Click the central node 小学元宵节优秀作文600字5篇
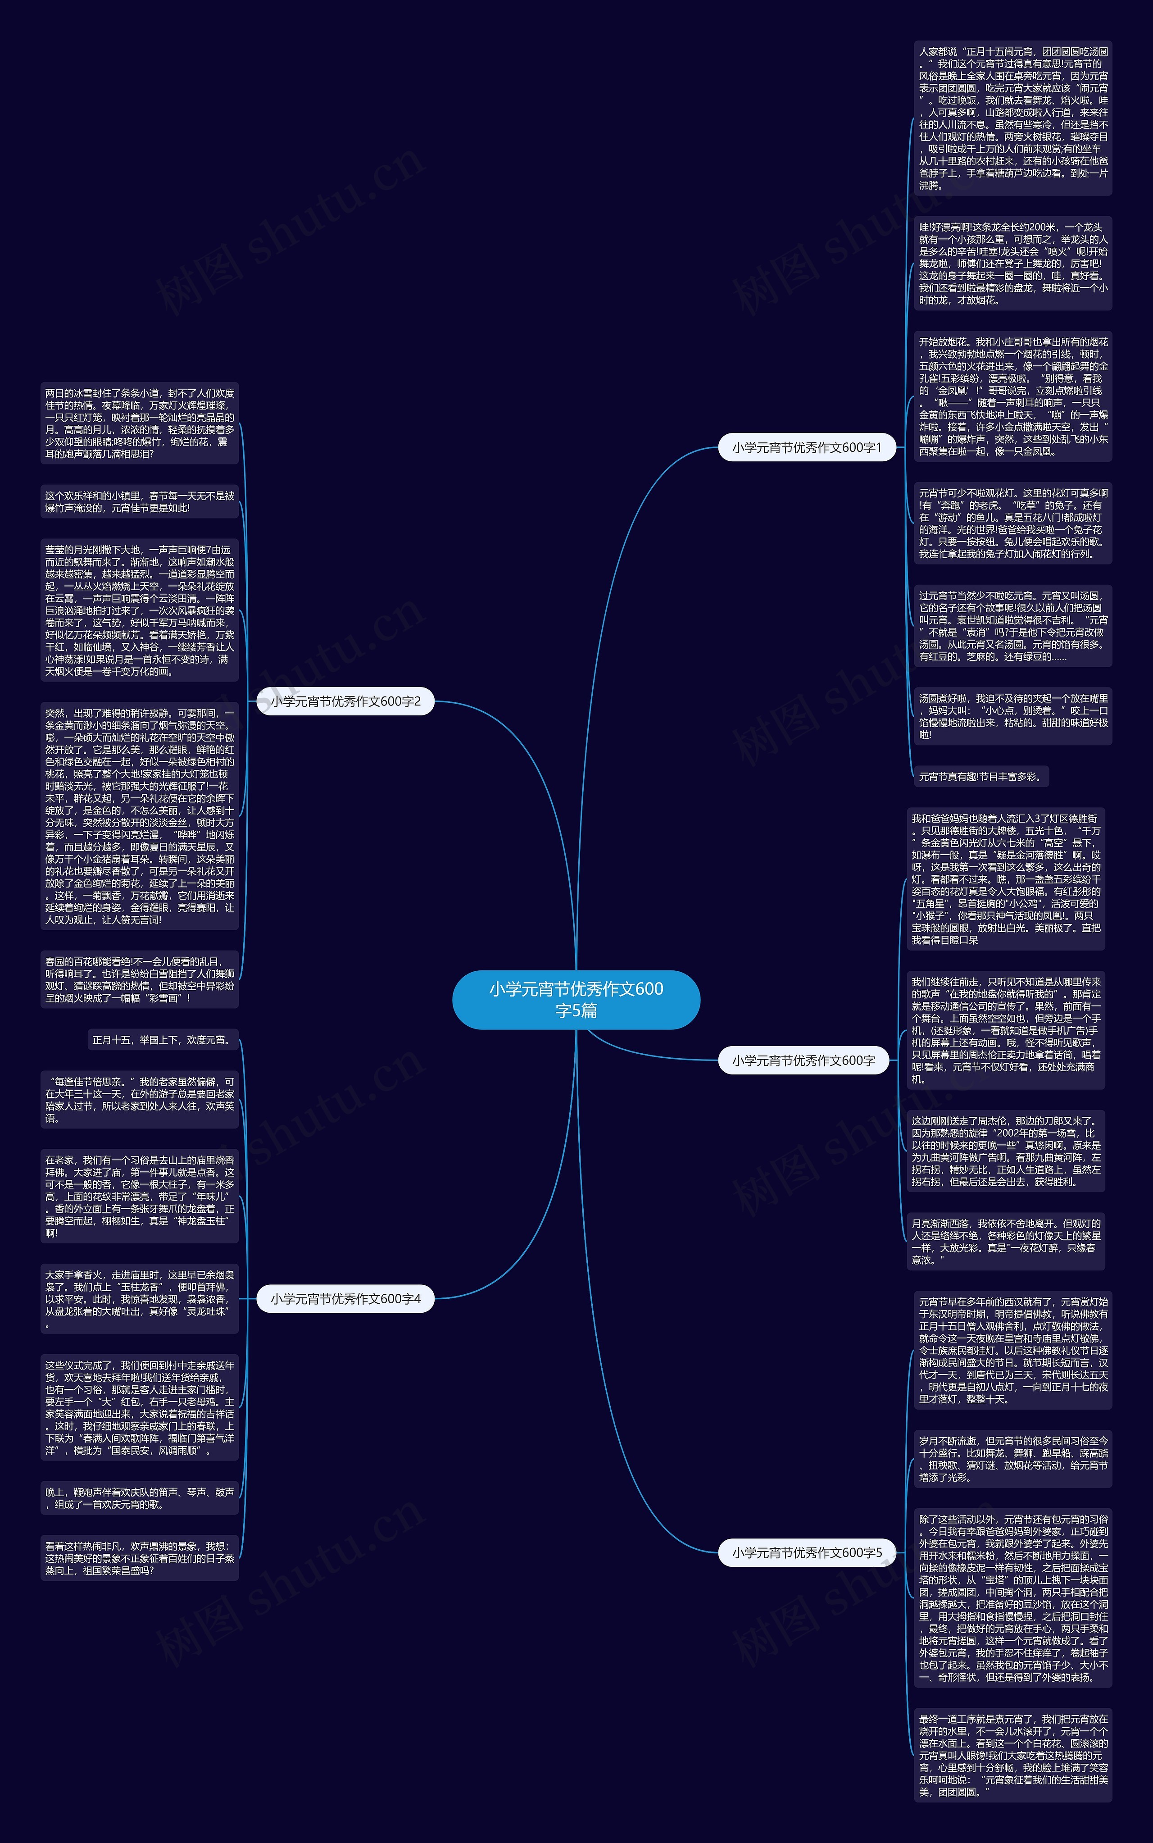pyautogui.click(x=576, y=999)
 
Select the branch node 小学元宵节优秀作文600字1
pyautogui.click(x=806, y=448)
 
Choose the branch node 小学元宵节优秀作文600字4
pyautogui.click(x=345, y=1298)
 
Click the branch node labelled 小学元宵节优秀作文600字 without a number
pyautogui.click(x=803, y=1060)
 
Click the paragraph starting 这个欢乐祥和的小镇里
pyautogui.click(x=140, y=502)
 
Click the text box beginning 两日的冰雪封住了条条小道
pyautogui.click(x=140, y=423)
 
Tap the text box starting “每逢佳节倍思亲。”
pyautogui.click(x=140, y=1100)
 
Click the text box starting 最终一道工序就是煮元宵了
pyautogui.click(x=1012, y=1755)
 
